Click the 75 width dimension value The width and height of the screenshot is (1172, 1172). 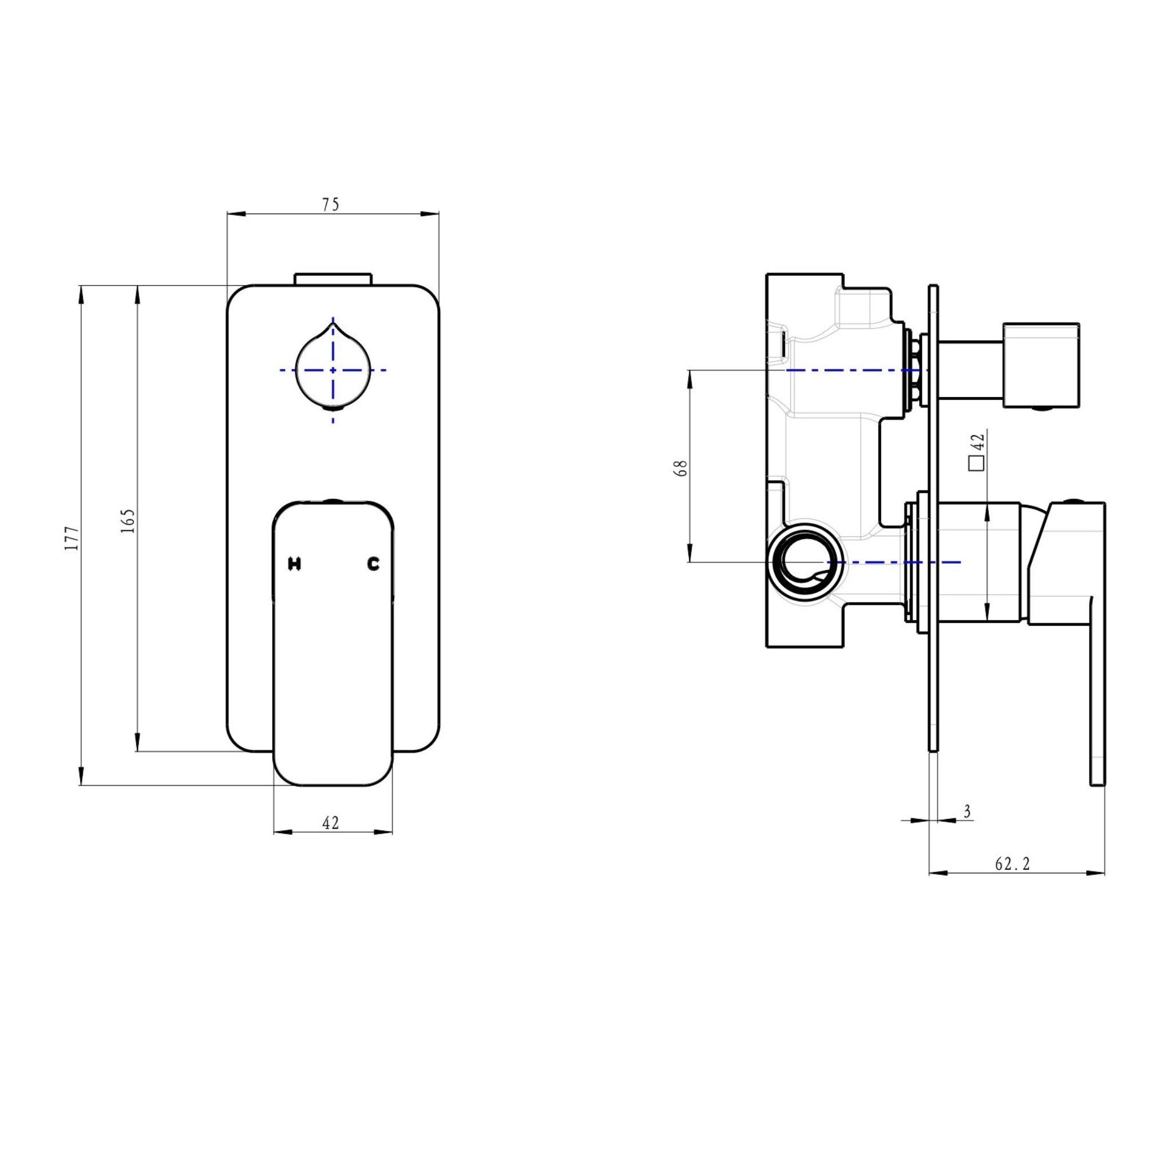tap(331, 205)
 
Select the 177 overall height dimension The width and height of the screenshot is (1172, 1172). tap(72, 538)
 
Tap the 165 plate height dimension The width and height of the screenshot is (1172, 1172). tap(128, 521)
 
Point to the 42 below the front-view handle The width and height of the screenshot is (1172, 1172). tap(331, 823)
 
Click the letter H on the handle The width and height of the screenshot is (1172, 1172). tap(294, 564)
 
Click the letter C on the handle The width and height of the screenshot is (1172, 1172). tap(373, 564)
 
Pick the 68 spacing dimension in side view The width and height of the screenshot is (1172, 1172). tap(681, 468)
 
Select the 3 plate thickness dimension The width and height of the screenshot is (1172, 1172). tap(967, 811)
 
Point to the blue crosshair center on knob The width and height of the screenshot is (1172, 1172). tap(333, 370)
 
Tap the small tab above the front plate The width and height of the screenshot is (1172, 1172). tap(332, 279)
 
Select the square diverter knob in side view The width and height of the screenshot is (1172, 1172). tap(1040, 365)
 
